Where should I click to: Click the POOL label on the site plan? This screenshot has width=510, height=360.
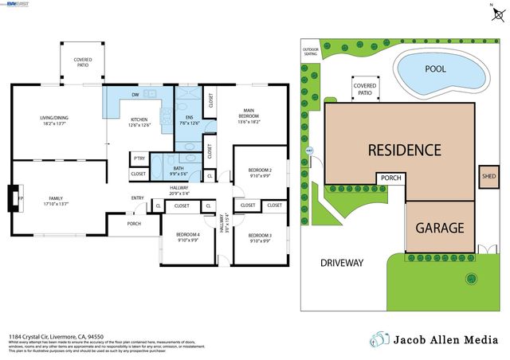click(x=435, y=69)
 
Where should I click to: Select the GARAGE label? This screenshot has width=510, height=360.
click(x=438, y=228)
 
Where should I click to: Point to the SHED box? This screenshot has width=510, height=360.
click(x=488, y=177)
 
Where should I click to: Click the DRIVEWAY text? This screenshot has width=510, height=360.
click(x=341, y=263)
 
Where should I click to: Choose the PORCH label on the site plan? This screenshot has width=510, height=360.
click(x=390, y=178)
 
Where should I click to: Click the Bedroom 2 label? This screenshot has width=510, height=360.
click(x=260, y=173)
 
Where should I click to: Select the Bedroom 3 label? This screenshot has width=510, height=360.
click(x=260, y=237)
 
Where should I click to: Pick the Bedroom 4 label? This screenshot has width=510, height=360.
click(x=188, y=237)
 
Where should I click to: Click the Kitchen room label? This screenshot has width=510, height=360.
click(x=144, y=123)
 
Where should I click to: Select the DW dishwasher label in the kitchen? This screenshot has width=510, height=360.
click(x=135, y=95)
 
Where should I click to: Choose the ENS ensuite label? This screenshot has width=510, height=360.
click(x=188, y=119)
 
